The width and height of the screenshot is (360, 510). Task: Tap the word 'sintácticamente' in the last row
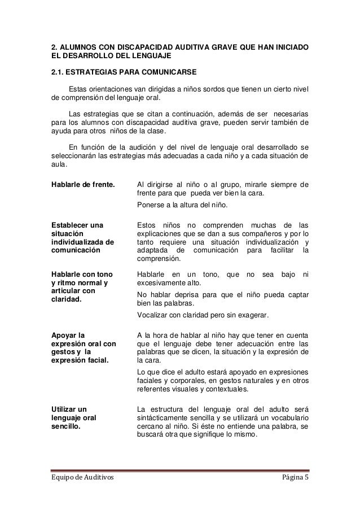click(x=164, y=416)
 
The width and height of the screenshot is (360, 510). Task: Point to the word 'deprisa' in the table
click(x=190, y=294)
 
